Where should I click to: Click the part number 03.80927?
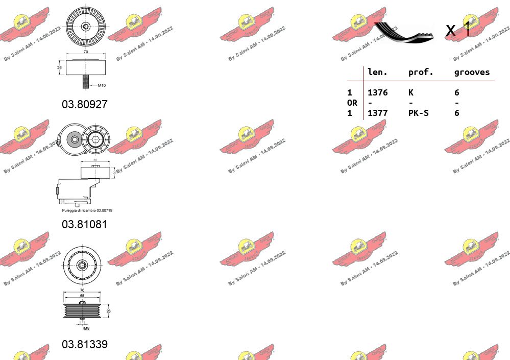click(85, 104)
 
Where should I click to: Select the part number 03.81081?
click(85, 224)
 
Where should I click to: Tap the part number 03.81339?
click(85, 344)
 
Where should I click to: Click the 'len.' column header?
click(378, 72)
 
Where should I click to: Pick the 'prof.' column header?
click(421, 72)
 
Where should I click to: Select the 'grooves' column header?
click(472, 72)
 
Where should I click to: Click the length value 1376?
click(378, 92)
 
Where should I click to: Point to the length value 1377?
click(378, 113)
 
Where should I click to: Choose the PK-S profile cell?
click(418, 113)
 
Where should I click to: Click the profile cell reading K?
click(411, 92)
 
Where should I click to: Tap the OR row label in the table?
click(352, 103)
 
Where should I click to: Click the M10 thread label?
click(102, 85)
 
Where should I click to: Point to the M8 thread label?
click(86, 328)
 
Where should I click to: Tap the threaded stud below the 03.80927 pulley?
click(86, 82)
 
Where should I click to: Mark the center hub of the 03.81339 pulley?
click(83, 265)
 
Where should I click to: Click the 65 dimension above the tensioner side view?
click(95, 160)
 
